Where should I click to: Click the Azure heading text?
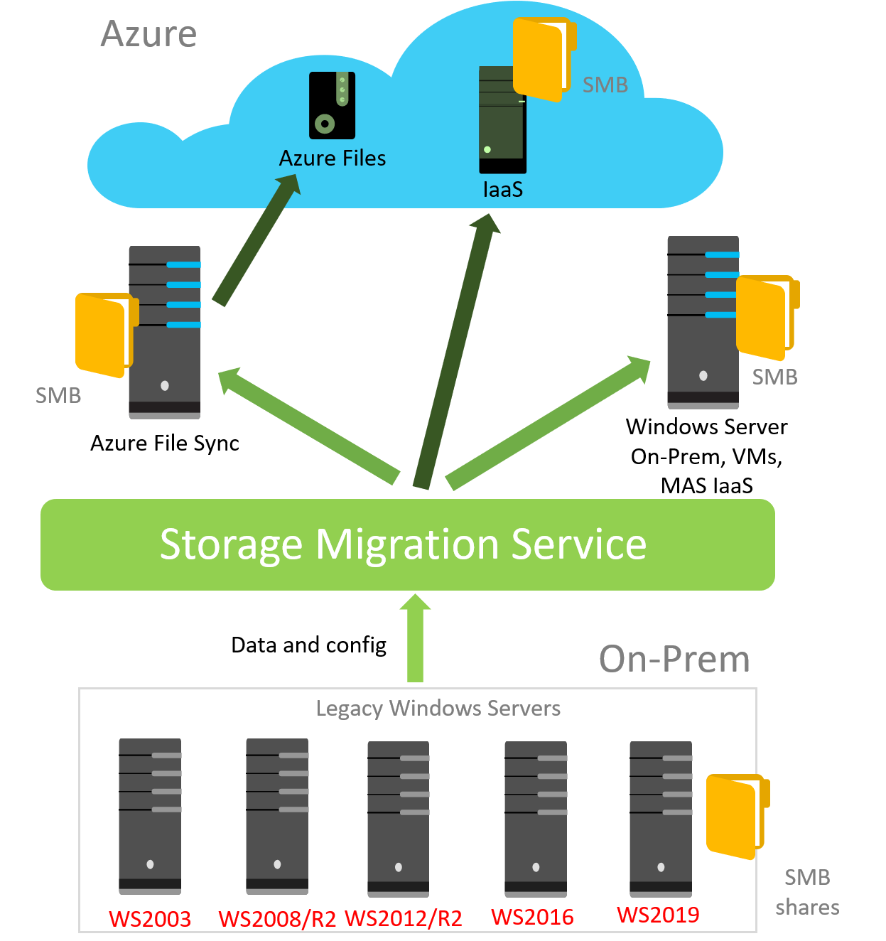pyautogui.click(x=148, y=34)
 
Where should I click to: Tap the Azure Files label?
pyautogui.click(x=332, y=158)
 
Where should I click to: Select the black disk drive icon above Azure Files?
pyautogui.click(x=332, y=105)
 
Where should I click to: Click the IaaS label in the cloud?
pyautogui.click(x=503, y=189)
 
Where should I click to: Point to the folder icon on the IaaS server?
pyautogui.click(x=544, y=59)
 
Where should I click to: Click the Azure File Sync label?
pyautogui.click(x=164, y=443)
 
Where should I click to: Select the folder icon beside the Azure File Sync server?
pyautogui.click(x=107, y=335)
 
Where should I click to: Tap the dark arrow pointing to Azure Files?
pyautogui.click(x=256, y=240)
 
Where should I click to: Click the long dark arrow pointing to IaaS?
pyautogui.click(x=456, y=350)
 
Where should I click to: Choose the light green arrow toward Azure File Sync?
pyautogui.click(x=308, y=426)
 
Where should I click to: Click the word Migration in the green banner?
pyautogui.click(x=407, y=545)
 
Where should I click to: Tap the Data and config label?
pyautogui.click(x=308, y=645)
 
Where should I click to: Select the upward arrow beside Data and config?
pyautogui.click(x=415, y=638)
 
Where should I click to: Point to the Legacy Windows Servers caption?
pyautogui.click(x=438, y=709)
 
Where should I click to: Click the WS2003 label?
pyautogui.click(x=150, y=919)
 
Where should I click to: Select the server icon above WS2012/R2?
pyautogui.click(x=399, y=819)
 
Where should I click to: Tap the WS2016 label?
pyautogui.click(x=533, y=917)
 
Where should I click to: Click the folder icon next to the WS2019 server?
pyautogui.click(x=738, y=817)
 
